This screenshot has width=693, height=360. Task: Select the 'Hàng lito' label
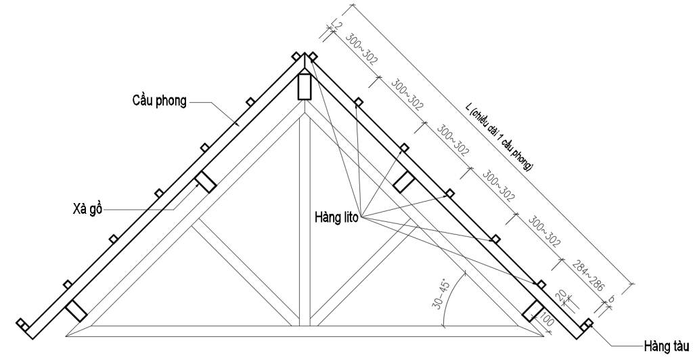336,217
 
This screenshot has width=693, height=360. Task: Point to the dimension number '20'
561,296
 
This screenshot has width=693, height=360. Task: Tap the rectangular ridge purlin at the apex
304,86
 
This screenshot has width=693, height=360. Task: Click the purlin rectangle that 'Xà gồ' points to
205,182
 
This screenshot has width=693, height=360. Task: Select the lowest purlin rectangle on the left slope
76,310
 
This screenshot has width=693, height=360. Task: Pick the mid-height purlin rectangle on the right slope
404,182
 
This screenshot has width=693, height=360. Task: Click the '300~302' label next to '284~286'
543,231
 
